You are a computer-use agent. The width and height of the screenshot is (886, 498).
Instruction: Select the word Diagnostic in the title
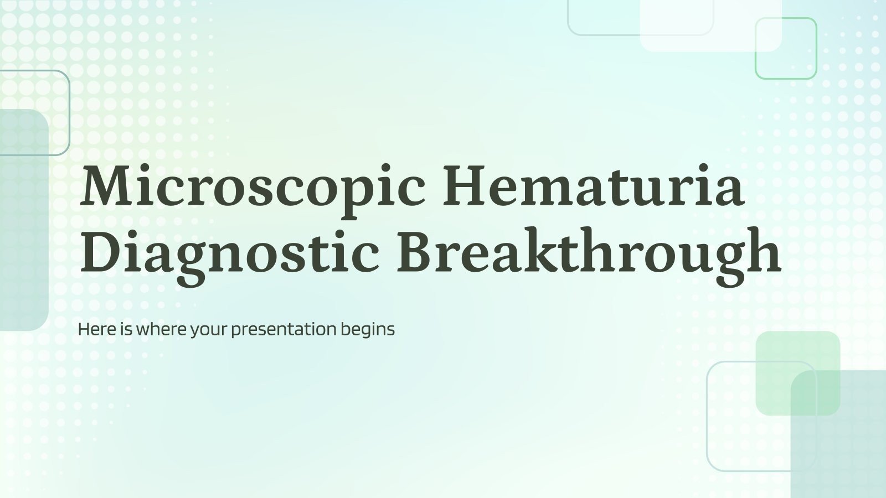pyautogui.click(x=229, y=252)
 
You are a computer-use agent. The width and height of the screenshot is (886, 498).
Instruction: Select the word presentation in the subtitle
pyautogui.click(x=283, y=330)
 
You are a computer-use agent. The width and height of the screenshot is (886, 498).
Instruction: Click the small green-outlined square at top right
pyautogui.click(x=786, y=49)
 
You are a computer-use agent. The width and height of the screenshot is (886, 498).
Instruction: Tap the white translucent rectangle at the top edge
pyautogui.click(x=710, y=25)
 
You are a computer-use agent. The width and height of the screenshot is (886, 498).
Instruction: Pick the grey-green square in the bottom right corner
pyautogui.click(x=847, y=443)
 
